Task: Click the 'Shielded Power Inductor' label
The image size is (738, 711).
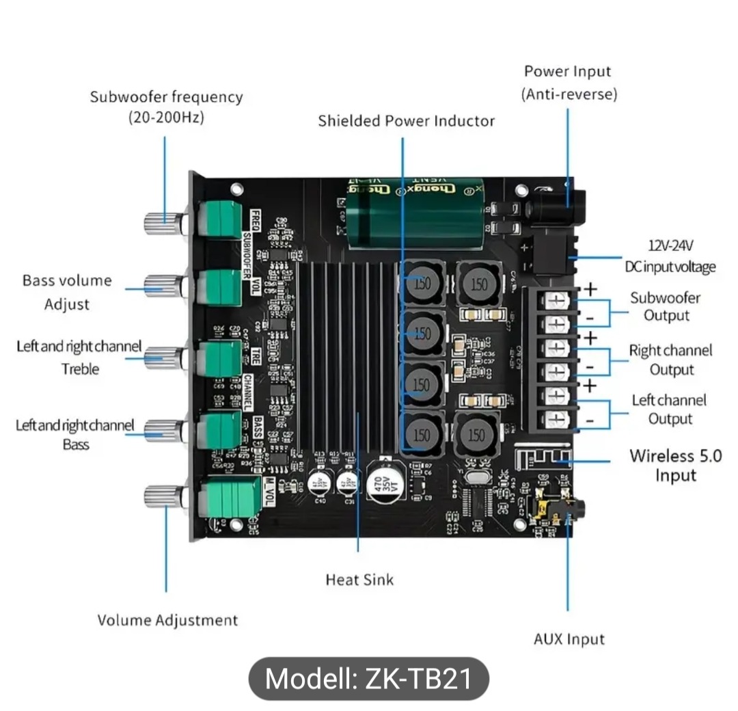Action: click(406, 121)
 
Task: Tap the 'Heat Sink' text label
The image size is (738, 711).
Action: click(359, 580)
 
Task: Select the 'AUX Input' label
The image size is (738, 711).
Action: click(569, 639)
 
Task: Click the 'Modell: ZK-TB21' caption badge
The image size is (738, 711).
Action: click(368, 679)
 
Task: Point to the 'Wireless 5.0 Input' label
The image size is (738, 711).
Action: click(675, 465)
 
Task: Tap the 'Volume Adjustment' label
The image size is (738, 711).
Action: click(167, 620)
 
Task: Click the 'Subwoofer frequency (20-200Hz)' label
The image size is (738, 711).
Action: click(166, 107)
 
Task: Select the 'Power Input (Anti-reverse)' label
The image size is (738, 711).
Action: click(568, 82)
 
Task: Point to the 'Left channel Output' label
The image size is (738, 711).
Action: click(669, 409)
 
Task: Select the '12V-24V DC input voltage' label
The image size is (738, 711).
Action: click(669, 256)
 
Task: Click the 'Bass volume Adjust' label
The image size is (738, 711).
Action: click(67, 292)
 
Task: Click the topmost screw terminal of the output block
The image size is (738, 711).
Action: click(557, 299)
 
